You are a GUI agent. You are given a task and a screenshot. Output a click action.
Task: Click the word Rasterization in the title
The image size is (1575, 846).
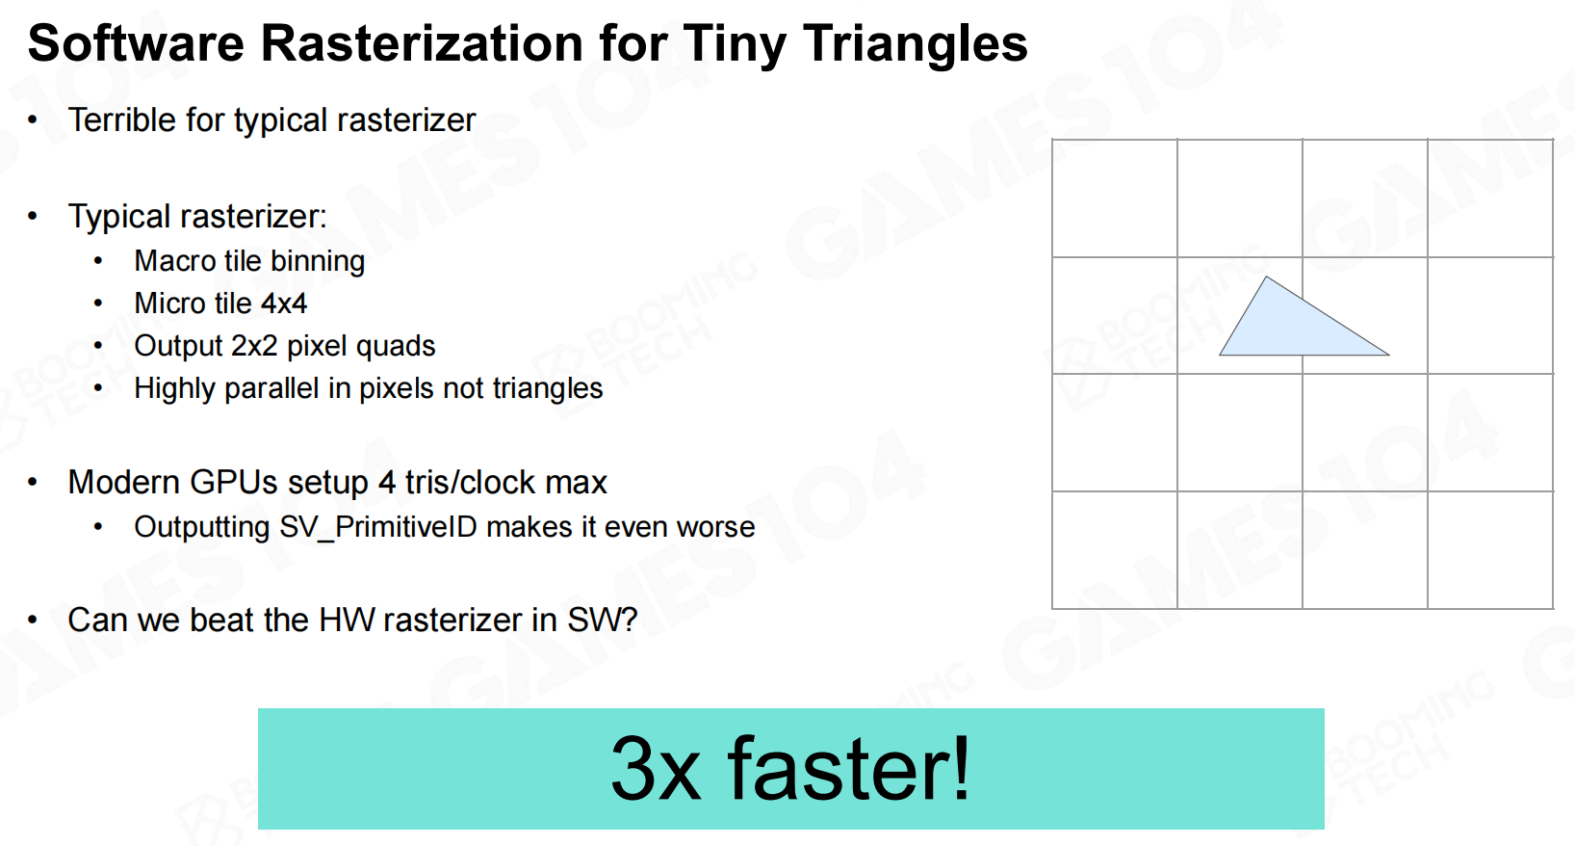click(x=422, y=43)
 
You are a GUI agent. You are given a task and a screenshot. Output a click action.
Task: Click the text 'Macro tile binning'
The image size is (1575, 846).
click(x=249, y=262)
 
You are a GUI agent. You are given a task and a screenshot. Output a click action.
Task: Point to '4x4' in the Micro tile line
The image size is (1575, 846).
click(x=284, y=304)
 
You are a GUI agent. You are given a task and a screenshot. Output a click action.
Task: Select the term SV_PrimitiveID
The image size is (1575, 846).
click(x=378, y=527)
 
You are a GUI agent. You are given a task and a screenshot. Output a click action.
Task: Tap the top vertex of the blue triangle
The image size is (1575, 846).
click(x=1267, y=277)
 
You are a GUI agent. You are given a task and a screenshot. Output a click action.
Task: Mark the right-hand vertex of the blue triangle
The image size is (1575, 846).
click(x=1389, y=355)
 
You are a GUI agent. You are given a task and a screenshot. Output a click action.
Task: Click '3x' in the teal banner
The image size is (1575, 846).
click(x=656, y=769)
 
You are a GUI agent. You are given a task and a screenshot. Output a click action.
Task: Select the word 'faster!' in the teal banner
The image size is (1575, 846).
click(x=849, y=767)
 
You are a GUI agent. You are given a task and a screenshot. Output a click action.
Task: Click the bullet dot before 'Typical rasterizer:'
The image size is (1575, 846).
click(x=33, y=216)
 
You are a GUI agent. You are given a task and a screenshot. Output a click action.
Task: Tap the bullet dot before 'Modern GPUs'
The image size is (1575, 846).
click(x=33, y=482)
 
